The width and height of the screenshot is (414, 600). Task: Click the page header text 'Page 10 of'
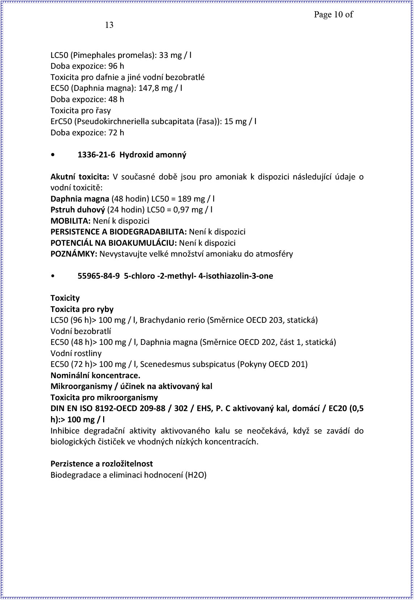[333, 14]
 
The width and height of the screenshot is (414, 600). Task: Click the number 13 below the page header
[109, 25]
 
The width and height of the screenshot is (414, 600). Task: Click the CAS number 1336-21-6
[96, 155]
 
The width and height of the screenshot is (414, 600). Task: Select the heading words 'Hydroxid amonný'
[153, 155]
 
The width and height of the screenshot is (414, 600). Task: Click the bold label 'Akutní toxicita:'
[80, 177]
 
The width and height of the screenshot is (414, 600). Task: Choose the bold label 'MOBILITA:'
[71, 221]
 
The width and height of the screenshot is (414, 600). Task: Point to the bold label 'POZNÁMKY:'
[74, 254]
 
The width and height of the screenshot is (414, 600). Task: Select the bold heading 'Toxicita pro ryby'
[82, 309]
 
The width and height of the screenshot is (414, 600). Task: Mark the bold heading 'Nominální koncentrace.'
[95, 375]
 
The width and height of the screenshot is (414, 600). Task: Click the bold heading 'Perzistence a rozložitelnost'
[102, 464]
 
